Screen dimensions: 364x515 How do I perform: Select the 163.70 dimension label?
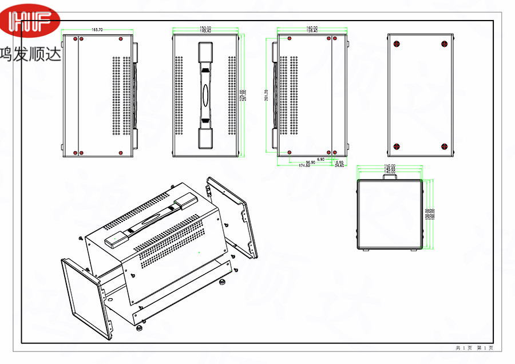(97, 30)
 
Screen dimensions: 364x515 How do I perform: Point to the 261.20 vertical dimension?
(266, 94)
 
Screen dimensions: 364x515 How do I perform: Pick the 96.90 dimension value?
(311, 163)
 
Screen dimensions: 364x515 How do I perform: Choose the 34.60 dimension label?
(340, 166)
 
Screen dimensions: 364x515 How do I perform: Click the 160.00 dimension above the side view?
(312, 27)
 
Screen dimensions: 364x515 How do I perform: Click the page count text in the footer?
(474, 348)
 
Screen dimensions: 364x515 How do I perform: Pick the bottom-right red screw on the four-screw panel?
(444, 146)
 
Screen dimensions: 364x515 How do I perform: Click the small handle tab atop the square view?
(390, 177)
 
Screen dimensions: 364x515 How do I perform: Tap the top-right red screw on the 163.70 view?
(121, 39)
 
